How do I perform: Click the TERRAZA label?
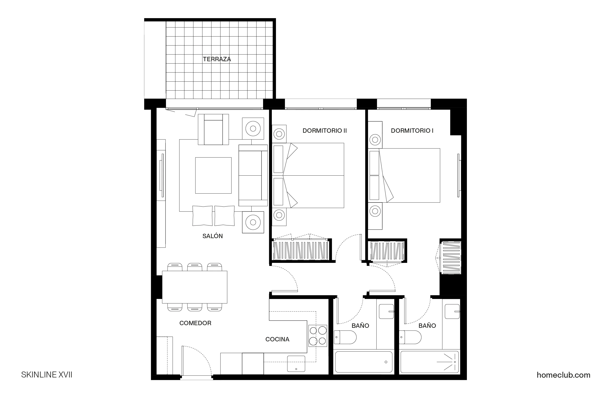pyautogui.click(x=217, y=59)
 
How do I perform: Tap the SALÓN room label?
pyautogui.click(x=212, y=236)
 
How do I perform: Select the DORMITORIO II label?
pyautogui.click(x=324, y=131)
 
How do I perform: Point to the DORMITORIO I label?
pyautogui.click(x=412, y=131)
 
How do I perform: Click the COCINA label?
pyautogui.click(x=277, y=339)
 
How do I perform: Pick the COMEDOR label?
pyautogui.click(x=195, y=323)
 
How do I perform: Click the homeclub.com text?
pyautogui.click(x=563, y=375)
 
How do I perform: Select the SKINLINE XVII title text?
pyautogui.click(x=46, y=375)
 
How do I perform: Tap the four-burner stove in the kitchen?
pyautogui.click(x=318, y=336)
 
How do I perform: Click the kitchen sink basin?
pyautogui.click(x=296, y=363)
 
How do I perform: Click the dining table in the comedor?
pyautogui.click(x=194, y=287)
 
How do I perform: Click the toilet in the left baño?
pyautogui.click(x=345, y=337)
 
